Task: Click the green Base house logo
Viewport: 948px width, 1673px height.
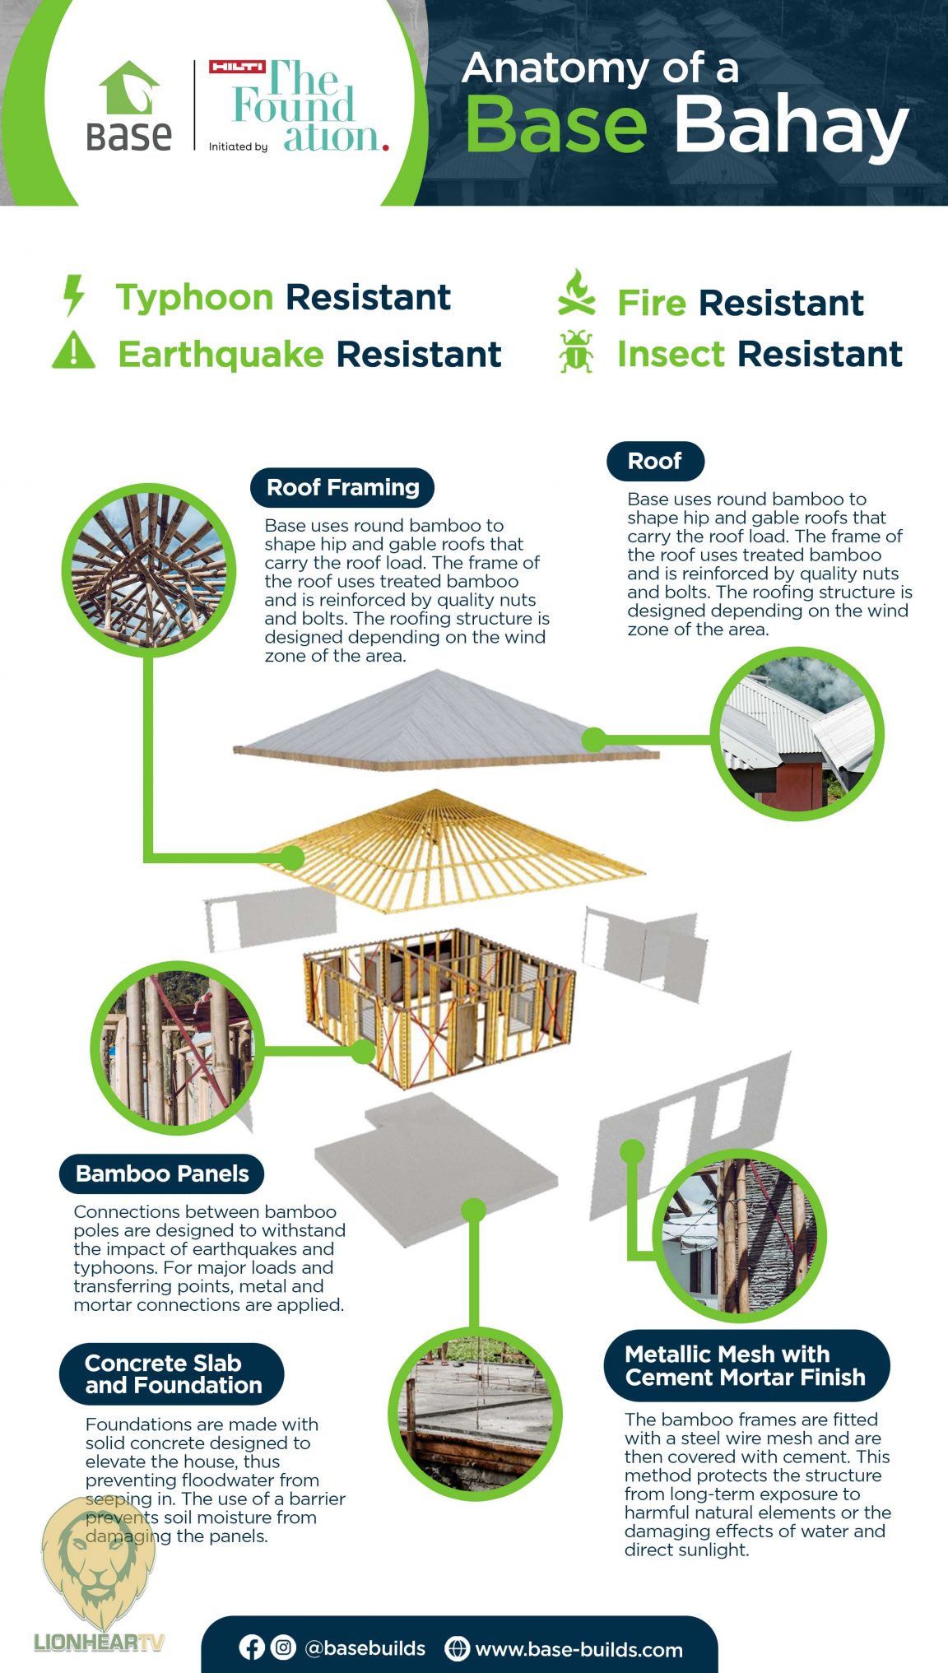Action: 128,89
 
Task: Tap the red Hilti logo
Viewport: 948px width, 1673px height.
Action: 237,67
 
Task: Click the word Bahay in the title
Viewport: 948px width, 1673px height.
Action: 790,126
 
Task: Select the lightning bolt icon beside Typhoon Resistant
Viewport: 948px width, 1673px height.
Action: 74,295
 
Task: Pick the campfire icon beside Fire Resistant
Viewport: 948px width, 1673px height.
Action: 576,294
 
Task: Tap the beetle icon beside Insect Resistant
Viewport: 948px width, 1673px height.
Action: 576,351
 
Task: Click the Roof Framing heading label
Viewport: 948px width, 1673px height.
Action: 342,487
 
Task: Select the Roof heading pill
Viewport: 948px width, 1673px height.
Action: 655,461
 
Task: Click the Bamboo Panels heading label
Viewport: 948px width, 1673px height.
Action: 162,1173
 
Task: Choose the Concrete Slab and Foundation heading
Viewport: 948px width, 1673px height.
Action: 172,1374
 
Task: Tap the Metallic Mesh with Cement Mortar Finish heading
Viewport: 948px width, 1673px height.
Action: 746,1365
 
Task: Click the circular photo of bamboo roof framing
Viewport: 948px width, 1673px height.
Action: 149,565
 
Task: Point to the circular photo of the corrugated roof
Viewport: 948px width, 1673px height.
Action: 797,733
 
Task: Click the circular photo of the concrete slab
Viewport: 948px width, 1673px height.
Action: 475,1412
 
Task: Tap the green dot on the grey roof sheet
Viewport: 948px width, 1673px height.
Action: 593,739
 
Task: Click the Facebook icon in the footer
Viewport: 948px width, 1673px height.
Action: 252,1647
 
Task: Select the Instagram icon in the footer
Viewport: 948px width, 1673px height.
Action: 283,1647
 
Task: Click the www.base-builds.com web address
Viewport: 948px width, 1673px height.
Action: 579,1649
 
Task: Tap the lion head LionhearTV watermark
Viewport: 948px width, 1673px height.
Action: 98,1564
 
